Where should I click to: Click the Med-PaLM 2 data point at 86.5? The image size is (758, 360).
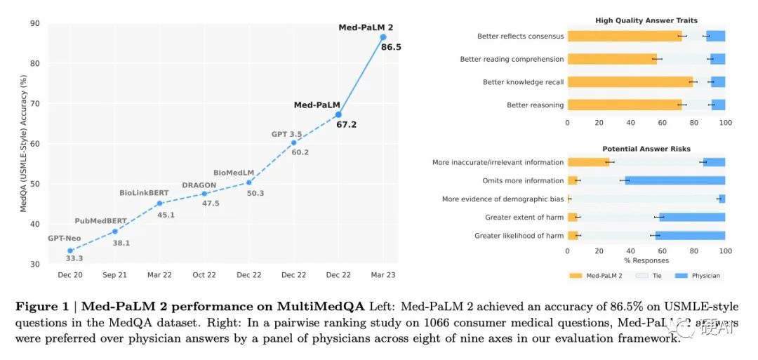(383, 36)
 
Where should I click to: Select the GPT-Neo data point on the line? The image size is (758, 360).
(70, 251)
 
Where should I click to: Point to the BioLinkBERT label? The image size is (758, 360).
(144, 192)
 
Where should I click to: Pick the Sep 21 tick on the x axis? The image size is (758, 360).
(114, 275)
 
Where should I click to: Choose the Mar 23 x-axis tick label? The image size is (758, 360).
(383, 275)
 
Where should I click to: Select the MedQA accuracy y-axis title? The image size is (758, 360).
(23, 144)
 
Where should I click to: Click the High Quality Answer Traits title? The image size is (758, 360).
(646, 21)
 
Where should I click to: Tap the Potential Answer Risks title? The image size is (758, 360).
(646, 149)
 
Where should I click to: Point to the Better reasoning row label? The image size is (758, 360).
(535, 105)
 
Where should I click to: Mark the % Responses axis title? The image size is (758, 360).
(646, 260)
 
